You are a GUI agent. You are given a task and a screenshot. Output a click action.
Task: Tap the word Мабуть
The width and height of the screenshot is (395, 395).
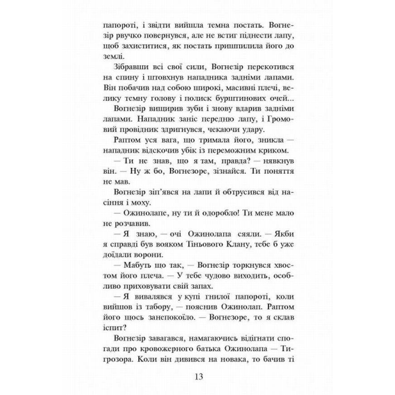(134, 275)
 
